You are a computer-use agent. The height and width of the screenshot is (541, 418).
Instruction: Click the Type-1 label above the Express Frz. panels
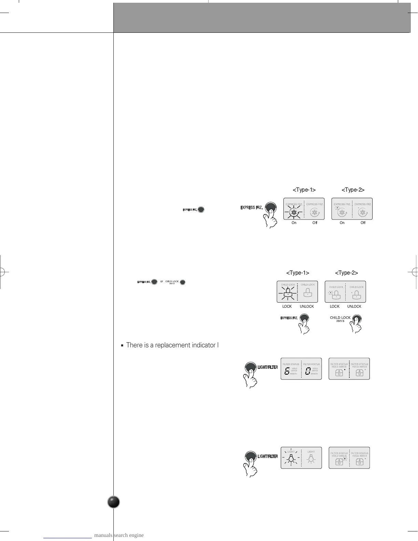tap(304, 190)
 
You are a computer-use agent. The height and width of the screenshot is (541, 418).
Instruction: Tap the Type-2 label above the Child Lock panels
tap(346, 273)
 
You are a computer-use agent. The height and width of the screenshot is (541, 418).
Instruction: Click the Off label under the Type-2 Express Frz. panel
tap(363, 223)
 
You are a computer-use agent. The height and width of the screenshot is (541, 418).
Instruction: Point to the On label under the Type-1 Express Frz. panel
tap(294, 223)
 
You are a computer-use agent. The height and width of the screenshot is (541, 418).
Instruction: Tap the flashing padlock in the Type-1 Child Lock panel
tap(288, 293)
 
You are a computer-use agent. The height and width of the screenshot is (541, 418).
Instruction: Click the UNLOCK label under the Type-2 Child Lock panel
tap(354, 306)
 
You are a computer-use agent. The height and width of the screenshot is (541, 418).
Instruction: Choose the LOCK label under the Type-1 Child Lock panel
tap(287, 306)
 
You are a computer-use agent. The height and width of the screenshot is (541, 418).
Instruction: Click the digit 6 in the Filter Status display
tap(287, 371)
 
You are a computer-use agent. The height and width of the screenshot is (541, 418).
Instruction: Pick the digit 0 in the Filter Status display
tap(308, 371)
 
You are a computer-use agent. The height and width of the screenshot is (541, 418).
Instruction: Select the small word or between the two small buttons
tap(162, 282)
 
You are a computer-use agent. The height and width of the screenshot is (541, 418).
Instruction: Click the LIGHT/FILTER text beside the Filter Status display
tap(267, 367)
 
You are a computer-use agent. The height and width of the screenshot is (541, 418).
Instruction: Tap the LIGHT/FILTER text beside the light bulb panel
tap(267, 457)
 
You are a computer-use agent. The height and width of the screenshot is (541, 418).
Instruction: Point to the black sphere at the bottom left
tap(113, 502)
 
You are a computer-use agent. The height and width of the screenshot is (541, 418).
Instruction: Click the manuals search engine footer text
tap(119, 535)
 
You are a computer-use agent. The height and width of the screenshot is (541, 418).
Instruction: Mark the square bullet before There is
tap(122, 346)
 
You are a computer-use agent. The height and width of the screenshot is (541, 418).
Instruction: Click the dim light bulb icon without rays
tap(311, 459)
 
